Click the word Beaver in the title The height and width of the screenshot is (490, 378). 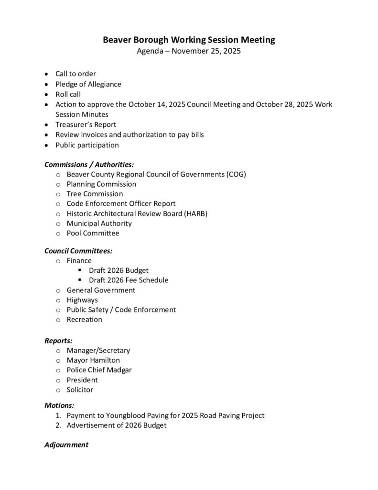click(117, 40)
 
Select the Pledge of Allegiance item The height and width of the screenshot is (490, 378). click(88, 84)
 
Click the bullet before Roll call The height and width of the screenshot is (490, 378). click(45, 94)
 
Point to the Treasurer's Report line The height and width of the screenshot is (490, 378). click(86, 124)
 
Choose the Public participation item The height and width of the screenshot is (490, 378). click(87, 145)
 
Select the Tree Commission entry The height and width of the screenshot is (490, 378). click(95, 194)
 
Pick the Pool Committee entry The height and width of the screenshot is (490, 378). click(93, 233)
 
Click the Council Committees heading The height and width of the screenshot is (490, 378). click(78, 251)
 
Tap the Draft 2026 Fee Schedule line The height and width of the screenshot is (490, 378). click(128, 280)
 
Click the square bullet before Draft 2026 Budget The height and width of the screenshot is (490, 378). click(80, 270)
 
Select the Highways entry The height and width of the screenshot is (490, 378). click(82, 300)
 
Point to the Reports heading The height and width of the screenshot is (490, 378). click(58, 341)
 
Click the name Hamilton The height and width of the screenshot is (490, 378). click(105, 360)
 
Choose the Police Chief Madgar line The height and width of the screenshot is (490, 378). click(99, 370)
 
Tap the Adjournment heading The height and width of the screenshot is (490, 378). click(66, 445)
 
